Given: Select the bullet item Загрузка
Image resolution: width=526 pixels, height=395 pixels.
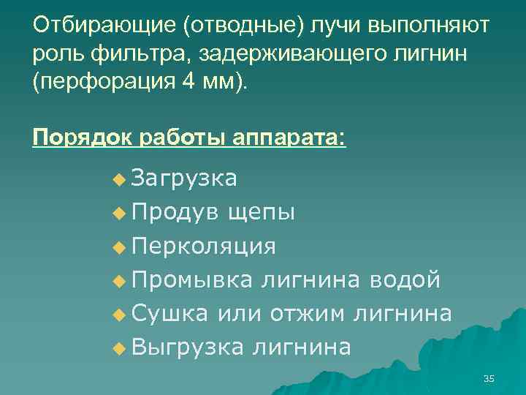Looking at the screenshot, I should point(185,178).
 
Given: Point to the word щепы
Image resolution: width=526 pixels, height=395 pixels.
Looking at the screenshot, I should point(262,212).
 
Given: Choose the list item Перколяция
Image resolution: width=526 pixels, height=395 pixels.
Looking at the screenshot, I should point(204,246).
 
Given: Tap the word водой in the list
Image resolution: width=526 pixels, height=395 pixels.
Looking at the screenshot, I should point(405,279).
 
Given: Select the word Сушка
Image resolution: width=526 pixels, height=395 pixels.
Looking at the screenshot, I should point(170,313).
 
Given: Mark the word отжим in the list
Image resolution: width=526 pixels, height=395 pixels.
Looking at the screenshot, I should point(308,313).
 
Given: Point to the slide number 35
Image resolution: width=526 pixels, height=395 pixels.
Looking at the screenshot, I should point(489,378).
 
